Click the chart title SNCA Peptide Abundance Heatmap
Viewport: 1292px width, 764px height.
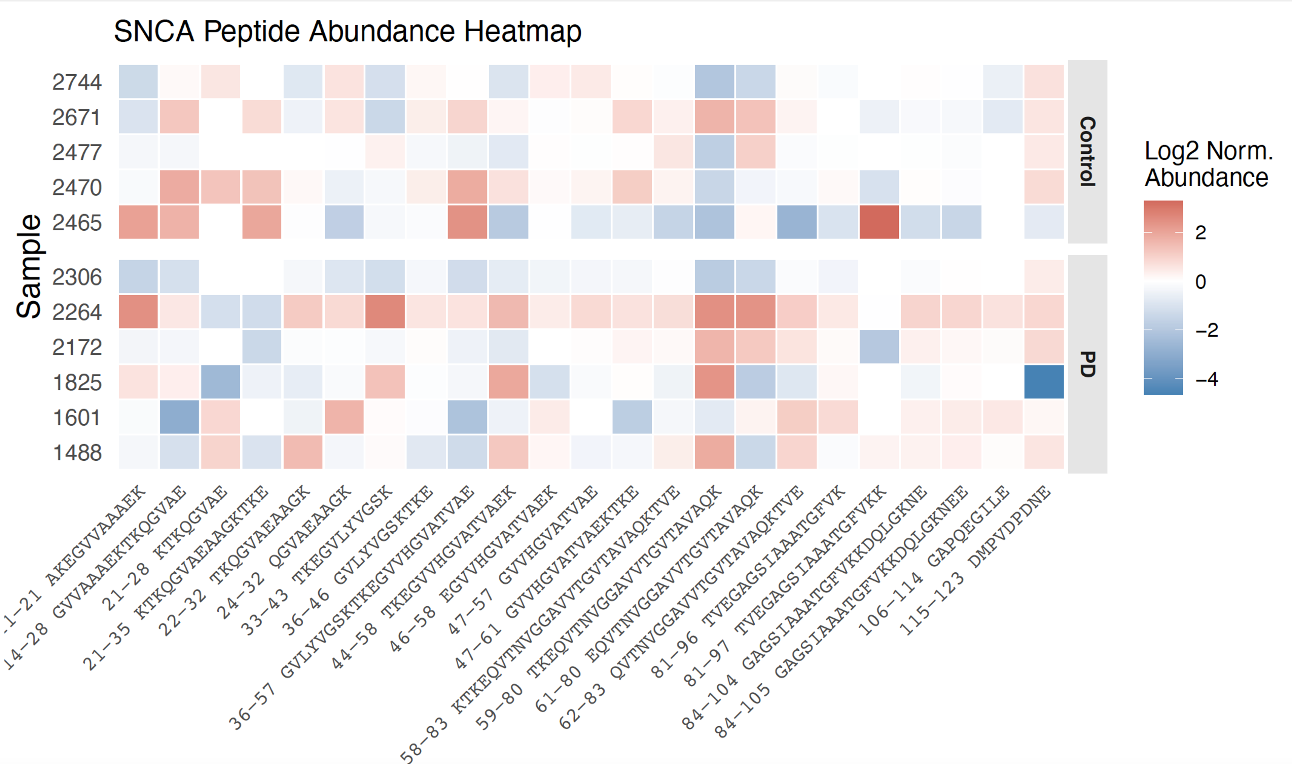(348, 32)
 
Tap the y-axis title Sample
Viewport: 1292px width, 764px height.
(29, 266)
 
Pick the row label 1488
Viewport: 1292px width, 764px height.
(77, 453)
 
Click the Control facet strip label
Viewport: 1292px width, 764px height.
(1087, 151)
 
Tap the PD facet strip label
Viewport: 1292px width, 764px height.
(1087, 364)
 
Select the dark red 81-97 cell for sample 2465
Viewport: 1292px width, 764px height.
(879, 222)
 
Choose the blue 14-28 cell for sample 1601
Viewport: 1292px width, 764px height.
(179, 417)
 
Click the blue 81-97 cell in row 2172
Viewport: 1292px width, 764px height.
(879, 346)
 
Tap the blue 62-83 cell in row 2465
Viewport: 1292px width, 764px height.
(797, 222)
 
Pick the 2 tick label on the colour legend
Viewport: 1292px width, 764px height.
(1200, 233)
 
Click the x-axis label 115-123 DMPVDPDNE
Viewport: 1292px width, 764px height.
(973, 561)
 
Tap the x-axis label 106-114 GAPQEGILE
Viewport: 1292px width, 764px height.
(932, 561)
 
